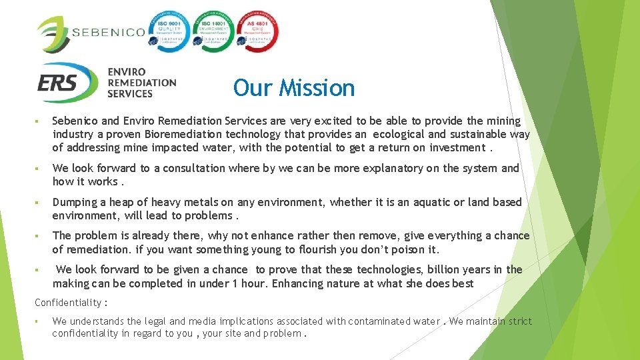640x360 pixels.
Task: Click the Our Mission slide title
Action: (294, 88)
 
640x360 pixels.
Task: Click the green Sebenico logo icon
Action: (52, 33)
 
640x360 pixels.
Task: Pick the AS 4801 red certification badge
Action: (258, 31)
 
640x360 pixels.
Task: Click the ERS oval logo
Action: (67, 83)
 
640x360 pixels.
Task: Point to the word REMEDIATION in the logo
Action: (142, 83)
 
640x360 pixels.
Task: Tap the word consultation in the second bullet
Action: (193, 168)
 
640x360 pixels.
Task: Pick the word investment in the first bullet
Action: (457, 148)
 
